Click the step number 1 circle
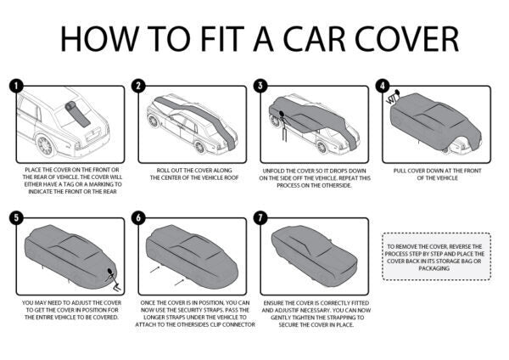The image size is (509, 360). [15, 86]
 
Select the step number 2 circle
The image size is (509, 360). [138, 86]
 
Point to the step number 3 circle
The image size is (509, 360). [261, 86]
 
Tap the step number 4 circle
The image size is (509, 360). [384, 86]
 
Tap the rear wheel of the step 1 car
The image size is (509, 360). [46, 146]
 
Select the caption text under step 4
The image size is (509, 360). [438, 175]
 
